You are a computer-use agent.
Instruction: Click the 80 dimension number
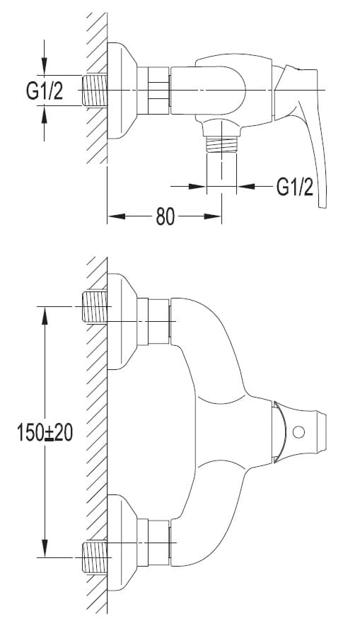(x=166, y=216)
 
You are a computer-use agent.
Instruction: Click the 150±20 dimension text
(x=45, y=432)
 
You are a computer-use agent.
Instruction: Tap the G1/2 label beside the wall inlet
(x=45, y=91)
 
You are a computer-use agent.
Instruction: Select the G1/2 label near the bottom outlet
(x=295, y=186)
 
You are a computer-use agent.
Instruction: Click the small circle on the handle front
(x=298, y=431)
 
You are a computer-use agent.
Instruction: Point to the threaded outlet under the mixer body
(x=221, y=144)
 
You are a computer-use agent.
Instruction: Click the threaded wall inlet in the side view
(x=95, y=91)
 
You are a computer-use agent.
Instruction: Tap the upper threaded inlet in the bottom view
(x=95, y=306)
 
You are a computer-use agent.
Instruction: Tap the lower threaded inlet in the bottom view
(x=95, y=557)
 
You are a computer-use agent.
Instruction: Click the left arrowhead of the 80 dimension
(x=116, y=216)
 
